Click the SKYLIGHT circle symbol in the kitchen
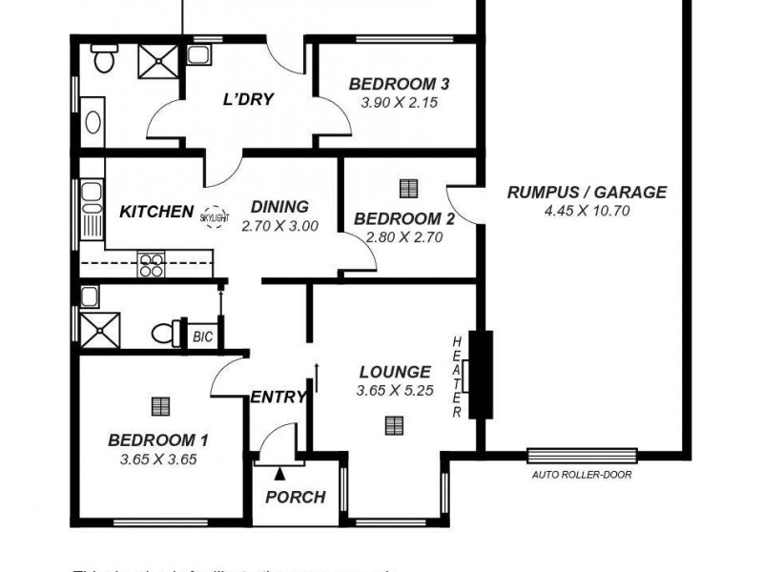(215, 216)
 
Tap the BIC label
(202, 336)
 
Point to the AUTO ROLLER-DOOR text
(582, 474)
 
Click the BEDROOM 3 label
(399, 84)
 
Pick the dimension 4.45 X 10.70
(586, 211)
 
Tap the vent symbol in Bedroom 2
(408, 187)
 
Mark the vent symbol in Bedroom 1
(159, 406)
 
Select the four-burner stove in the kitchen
(152, 263)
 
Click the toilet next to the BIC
(166, 334)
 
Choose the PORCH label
(295, 497)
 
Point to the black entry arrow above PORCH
(279, 471)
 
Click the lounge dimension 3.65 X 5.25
(394, 391)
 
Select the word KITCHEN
(156, 211)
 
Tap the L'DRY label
(248, 99)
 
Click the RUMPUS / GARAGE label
(586, 193)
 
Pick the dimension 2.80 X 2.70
(404, 237)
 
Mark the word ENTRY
(278, 397)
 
